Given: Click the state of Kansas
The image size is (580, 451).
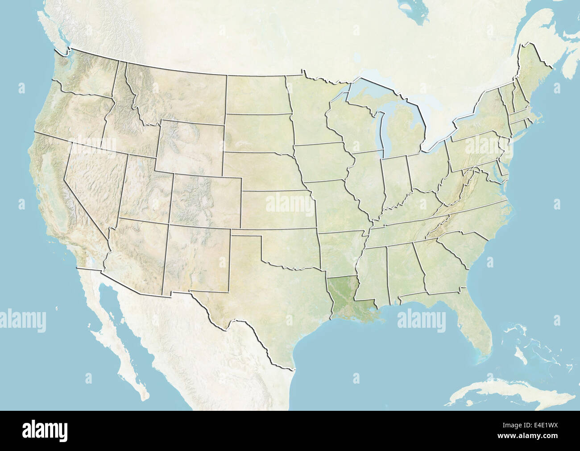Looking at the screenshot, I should click(277, 210).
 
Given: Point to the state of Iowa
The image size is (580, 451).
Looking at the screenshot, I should click(321, 163).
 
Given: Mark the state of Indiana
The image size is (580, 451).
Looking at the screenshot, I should click(395, 179).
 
